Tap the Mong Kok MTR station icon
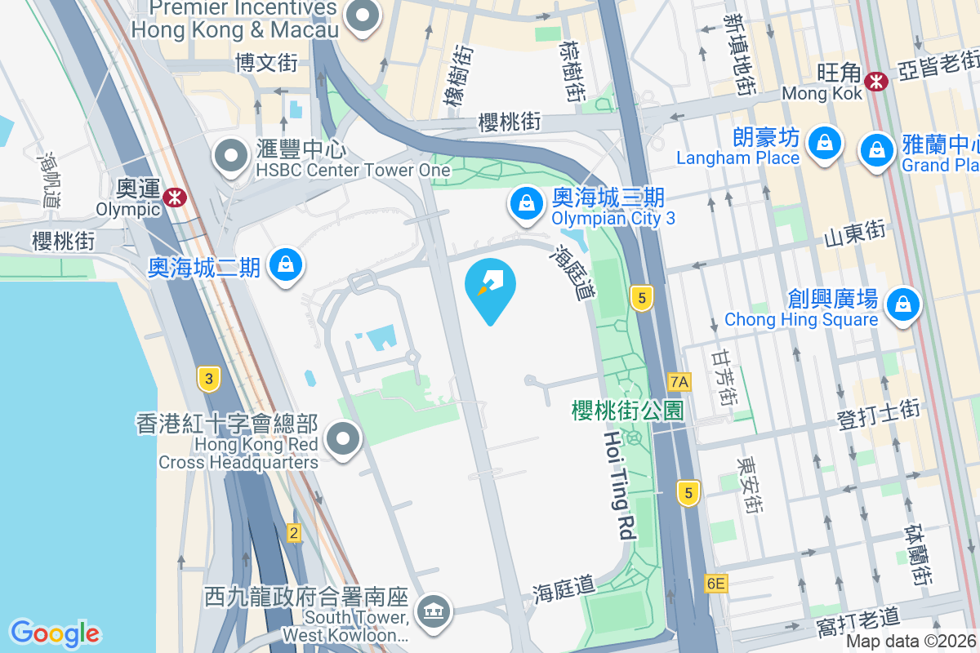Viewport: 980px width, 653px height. [877, 81]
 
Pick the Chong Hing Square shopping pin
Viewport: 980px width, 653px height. [903, 304]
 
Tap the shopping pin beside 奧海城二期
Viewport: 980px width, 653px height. [285, 265]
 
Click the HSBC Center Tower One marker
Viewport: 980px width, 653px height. [231, 155]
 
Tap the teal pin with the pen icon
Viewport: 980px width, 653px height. [490, 287]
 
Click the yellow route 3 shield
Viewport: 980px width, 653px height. [209, 379]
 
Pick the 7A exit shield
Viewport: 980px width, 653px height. [679, 381]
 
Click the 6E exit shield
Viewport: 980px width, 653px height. [715, 584]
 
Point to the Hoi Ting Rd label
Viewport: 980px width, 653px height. [620, 486]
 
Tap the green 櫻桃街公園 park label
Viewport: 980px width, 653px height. [627, 411]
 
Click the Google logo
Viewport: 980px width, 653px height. [55, 633]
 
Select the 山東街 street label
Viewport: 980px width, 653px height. [855, 235]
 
